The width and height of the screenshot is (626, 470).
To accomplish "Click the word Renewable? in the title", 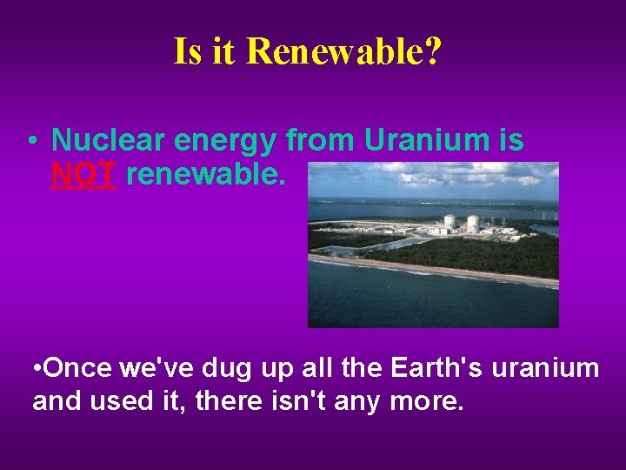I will click(x=343, y=51).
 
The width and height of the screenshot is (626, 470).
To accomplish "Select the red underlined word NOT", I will click(x=83, y=175).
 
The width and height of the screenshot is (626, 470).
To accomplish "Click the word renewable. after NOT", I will click(x=205, y=175).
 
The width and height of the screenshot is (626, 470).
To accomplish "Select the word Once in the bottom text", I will click(x=72, y=368).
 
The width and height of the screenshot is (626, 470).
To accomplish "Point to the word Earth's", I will click(x=437, y=368).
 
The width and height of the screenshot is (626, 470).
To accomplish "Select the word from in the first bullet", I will click(x=320, y=140).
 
